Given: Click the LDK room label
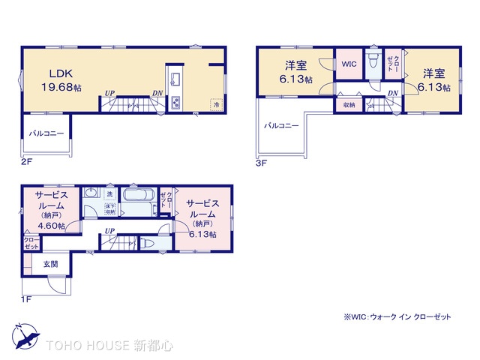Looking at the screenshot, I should [61, 73].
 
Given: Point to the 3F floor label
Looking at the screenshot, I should [260, 160].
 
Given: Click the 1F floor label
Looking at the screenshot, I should [25, 299].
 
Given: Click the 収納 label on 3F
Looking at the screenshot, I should [349, 106].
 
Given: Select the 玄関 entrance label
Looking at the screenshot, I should [50, 263].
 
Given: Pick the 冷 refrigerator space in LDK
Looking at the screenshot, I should [216, 104].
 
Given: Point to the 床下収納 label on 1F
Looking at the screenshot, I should [109, 209].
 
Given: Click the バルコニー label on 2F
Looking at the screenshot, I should [46, 133].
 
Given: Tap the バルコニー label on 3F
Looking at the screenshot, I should [281, 125].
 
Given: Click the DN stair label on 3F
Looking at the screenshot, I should [393, 92].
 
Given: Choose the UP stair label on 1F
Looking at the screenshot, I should [109, 230].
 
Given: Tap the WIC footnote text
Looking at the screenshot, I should [397, 317].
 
